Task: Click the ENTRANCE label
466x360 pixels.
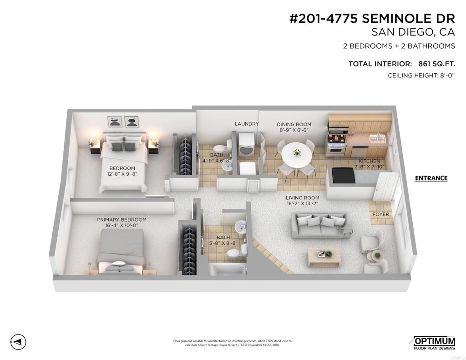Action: click(431, 178)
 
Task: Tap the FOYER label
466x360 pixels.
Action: click(381, 214)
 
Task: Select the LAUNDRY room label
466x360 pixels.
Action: click(247, 124)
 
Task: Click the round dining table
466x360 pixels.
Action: click(297, 155)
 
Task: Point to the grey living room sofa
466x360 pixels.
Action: click(321, 225)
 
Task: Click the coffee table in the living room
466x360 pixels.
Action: click(324, 258)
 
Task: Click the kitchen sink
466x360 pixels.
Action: click(377, 138)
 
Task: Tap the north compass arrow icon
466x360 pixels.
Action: click(18, 341)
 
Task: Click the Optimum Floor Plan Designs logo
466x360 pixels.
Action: click(435, 343)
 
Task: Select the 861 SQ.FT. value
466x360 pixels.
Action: click(436, 64)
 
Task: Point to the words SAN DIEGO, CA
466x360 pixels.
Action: click(413, 32)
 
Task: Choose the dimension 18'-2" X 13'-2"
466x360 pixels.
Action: click(303, 203)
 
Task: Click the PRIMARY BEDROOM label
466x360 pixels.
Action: click(122, 220)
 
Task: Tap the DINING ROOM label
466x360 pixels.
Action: click(294, 124)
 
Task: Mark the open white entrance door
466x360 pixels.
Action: click(386, 187)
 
